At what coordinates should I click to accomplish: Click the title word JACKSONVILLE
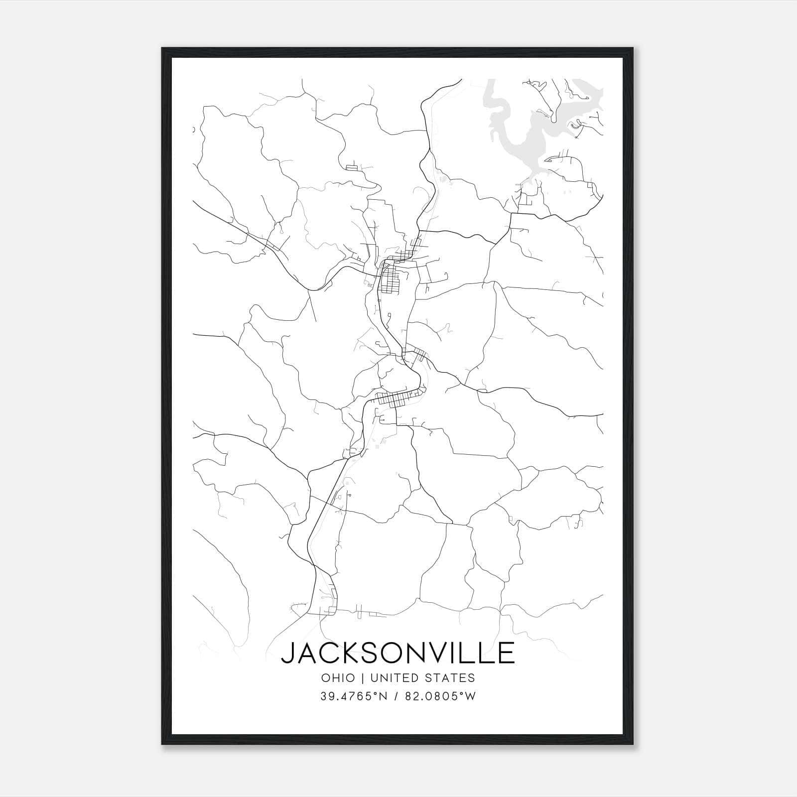[398, 653]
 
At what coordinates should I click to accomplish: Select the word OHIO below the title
[338, 678]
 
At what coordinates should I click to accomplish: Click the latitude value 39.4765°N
[354, 696]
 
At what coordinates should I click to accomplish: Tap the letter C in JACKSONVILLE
[329, 653]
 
